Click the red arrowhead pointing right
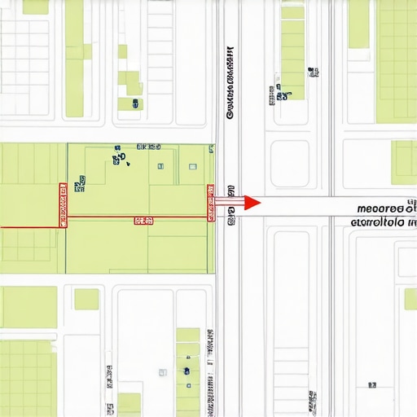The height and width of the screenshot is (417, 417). tap(252, 202)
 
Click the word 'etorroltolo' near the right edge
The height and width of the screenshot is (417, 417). tap(380, 221)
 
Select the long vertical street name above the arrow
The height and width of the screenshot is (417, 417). tap(231, 81)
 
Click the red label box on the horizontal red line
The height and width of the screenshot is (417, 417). tap(143, 220)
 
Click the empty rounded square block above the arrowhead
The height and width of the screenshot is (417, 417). tap(290, 163)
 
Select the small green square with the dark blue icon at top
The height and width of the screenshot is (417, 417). tap(130, 103)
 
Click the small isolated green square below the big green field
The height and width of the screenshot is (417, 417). tap(86, 299)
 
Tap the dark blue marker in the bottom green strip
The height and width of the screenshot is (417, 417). tap(187, 371)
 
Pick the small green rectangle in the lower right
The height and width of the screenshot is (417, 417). tap(409, 299)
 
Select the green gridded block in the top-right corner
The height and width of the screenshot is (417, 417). tap(397, 49)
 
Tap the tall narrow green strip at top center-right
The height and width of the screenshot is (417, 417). tap(292, 53)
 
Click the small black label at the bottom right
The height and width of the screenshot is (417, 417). tap(372, 384)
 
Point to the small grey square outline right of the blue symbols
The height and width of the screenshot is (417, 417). tap(193, 166)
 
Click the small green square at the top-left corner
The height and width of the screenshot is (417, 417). tap(35, 7)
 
